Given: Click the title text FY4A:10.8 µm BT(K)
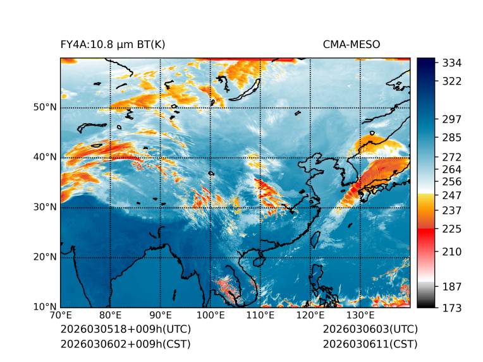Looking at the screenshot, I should (x=113, y=45).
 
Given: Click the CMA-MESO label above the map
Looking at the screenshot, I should (x=351, y=45).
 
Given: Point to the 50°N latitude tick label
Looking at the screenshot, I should (x=45, y=107).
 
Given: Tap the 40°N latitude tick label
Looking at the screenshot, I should (x=45, y=157).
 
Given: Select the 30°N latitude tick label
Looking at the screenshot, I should (x=45, y=207).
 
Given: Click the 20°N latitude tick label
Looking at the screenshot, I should (x=45, y=256).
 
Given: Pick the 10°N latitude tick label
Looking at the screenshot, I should (x=45, y=306).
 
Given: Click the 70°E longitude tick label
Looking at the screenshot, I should (x=61, y=315).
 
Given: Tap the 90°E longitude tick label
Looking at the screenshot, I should (x=161, y=315).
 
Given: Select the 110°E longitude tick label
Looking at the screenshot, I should (x=260, y=315).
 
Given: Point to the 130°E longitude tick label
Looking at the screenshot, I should (x=360, y=315).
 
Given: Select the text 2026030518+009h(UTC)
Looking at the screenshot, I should (x=125, y=330).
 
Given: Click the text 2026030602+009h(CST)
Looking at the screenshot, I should (x=125, y=344).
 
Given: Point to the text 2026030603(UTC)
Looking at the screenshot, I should (x=370, y=330).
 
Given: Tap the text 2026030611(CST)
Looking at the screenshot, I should (x=370, y=344).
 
